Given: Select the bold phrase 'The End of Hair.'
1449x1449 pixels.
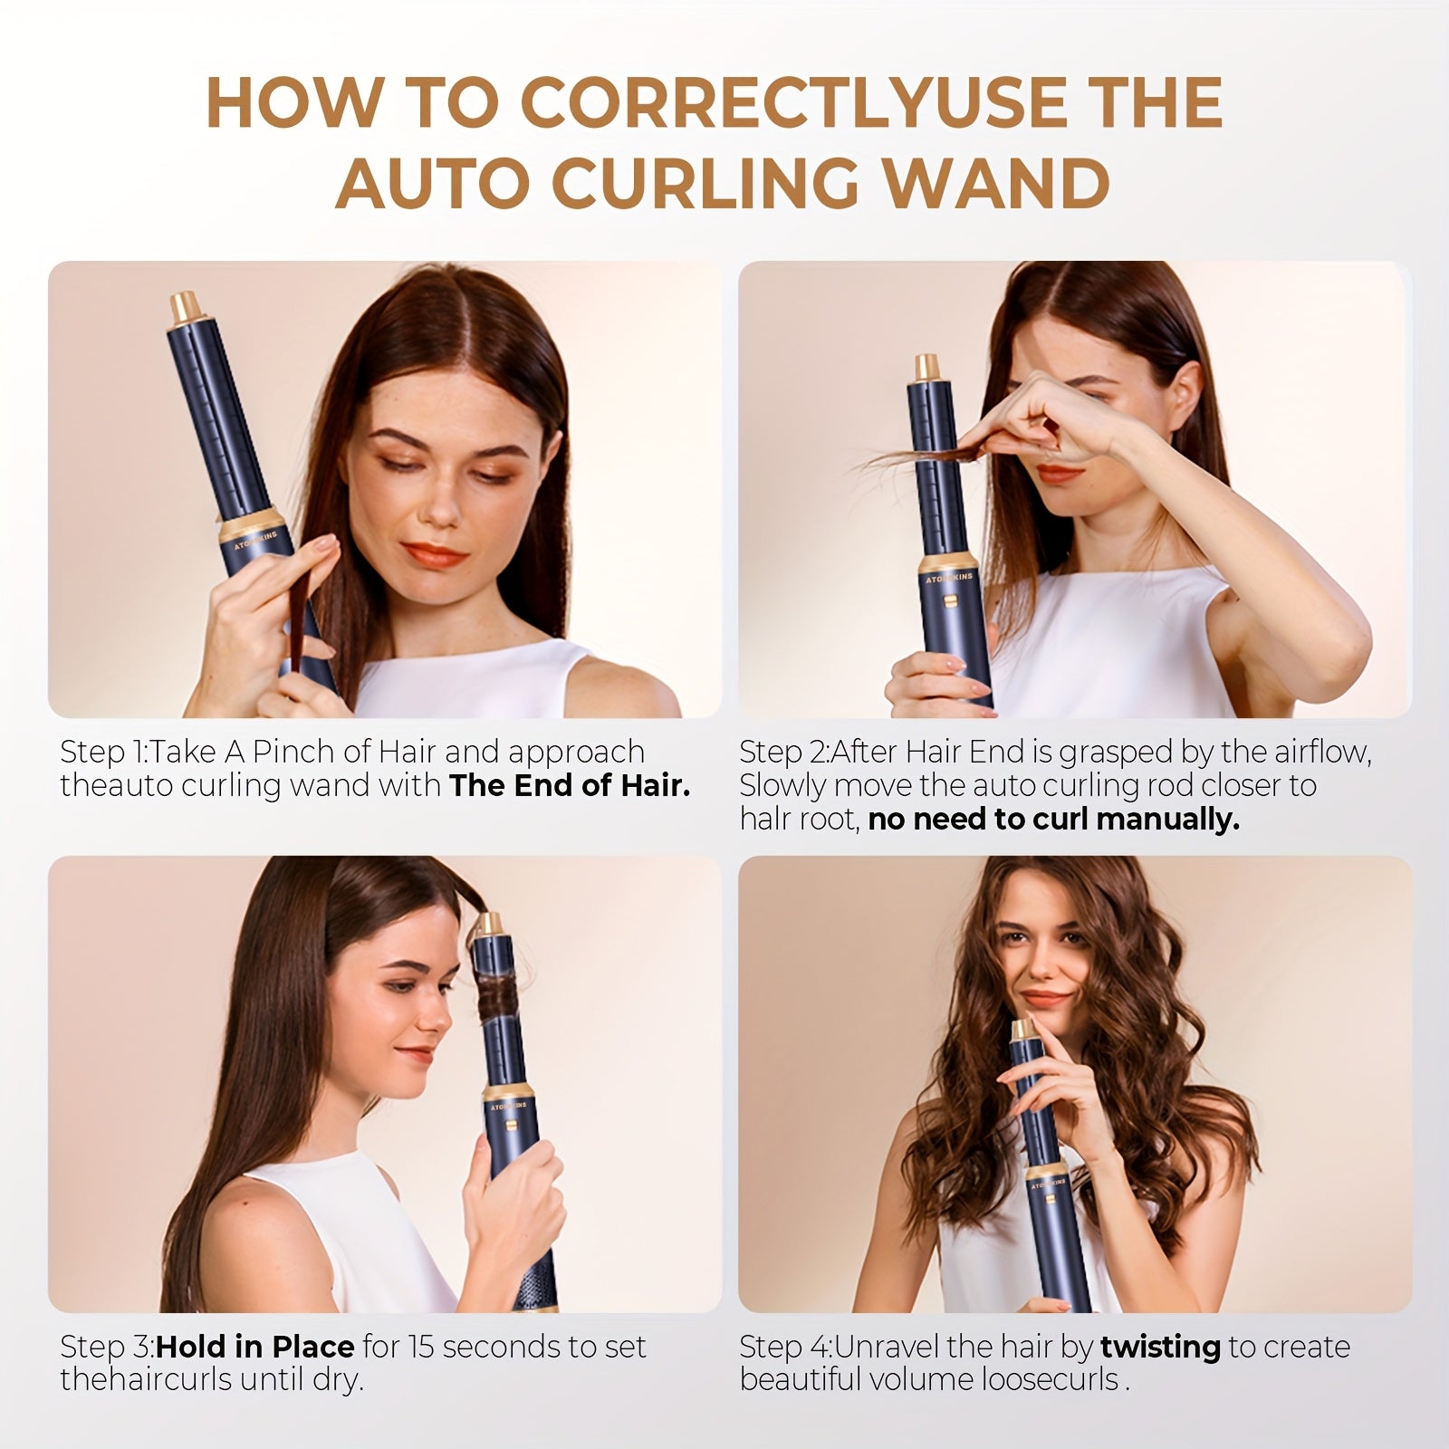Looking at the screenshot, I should click(570, 785).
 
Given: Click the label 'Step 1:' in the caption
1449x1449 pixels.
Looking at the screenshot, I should click(105, 752).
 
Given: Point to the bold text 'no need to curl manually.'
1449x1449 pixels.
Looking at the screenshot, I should click(1053, 820).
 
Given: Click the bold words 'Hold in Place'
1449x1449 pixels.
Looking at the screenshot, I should click(254, 1347).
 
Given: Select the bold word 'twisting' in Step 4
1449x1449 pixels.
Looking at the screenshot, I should click(1160, 1347).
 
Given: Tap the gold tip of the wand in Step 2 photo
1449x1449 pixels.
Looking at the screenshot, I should click(926, 367).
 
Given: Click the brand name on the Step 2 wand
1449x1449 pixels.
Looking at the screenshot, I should click(948, 576).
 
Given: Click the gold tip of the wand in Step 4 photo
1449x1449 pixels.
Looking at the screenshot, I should click(1022, 1030).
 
